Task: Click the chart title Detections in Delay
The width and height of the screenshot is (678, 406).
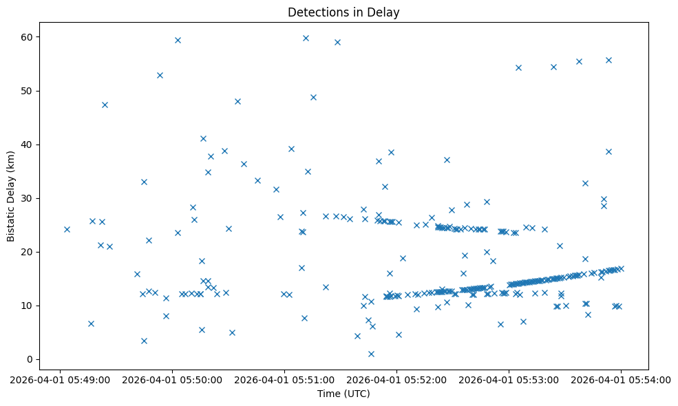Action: coord(343,12)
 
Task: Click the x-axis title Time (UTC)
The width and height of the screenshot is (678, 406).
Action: coord(343,394)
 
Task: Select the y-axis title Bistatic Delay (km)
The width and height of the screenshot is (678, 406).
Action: coord(10,186)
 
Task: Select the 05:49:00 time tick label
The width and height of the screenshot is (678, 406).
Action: coord(60,379)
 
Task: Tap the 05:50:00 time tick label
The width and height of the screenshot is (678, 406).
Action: coord(172,379)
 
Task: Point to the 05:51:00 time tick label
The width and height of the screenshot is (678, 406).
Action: coord(284,379)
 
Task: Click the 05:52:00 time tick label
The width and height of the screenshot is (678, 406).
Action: coord(396,379)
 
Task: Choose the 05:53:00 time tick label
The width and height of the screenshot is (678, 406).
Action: coord(509,379)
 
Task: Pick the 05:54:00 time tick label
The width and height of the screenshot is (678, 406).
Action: coord(621,379)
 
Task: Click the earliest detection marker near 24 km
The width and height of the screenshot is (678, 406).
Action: coord(67,229)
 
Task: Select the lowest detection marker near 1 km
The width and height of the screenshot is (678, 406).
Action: coord(371,354)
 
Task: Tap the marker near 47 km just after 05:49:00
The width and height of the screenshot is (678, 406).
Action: coord(105,105)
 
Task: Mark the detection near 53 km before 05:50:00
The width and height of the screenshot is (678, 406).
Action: coord(160,75)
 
